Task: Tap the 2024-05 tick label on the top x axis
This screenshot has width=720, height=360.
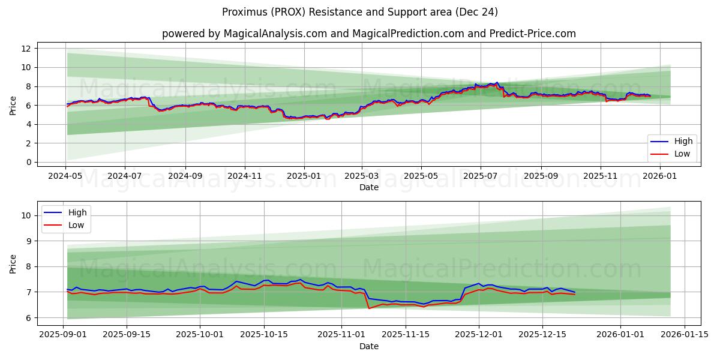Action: point(65,176)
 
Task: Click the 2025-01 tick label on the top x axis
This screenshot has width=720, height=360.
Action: point(304,176)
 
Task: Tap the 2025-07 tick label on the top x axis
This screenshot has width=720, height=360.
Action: point(480,176)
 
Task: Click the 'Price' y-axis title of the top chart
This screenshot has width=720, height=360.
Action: point(13,106)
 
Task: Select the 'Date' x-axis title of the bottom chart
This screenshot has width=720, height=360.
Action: point(368,346)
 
